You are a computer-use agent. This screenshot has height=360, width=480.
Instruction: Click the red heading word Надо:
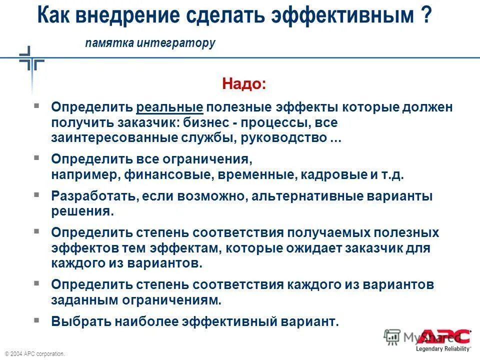244,84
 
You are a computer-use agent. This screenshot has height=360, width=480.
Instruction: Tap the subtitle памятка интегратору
150,43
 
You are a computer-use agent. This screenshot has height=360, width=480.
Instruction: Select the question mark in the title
425,16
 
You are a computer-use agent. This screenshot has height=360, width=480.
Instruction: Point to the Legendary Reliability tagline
443,348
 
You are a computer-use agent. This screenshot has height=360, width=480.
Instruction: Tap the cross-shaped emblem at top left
31,62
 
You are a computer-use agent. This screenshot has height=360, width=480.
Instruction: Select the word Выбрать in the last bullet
81,321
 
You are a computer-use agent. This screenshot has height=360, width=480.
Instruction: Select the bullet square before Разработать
36,193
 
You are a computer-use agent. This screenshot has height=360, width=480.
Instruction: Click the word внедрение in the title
132,16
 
